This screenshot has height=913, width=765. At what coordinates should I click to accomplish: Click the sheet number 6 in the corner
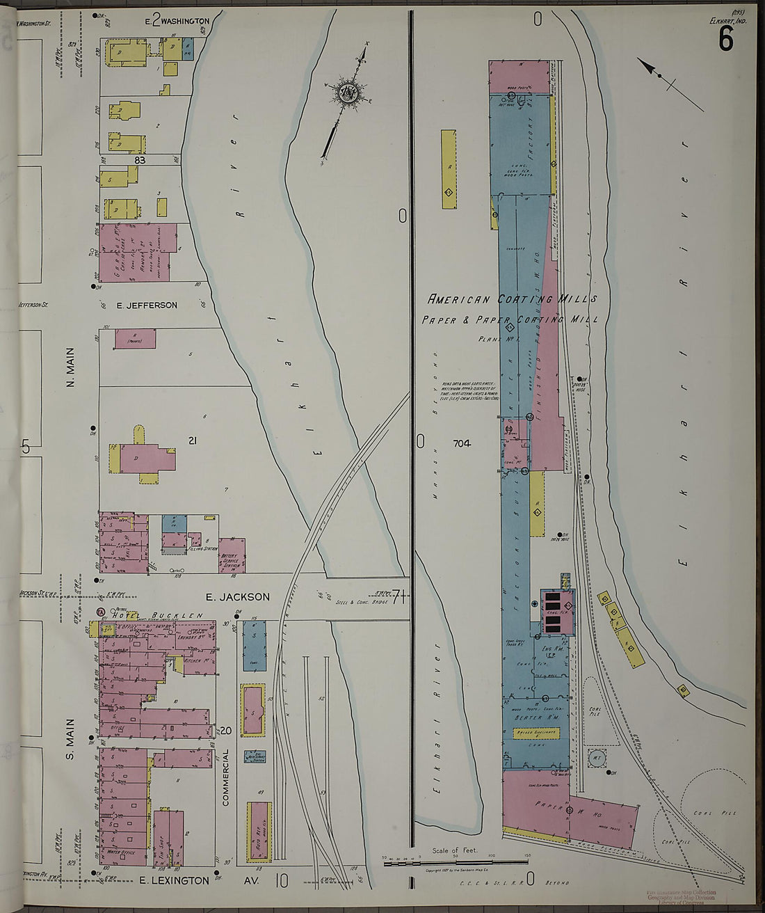(725, 40)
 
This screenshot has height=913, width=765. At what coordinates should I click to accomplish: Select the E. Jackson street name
(237, 596)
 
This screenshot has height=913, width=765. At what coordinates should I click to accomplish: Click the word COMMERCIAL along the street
(226, 777)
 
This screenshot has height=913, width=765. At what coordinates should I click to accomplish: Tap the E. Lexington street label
(175, 880)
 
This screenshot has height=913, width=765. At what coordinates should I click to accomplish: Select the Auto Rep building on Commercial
(259, 830)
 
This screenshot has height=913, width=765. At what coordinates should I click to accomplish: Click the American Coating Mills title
(512, 299)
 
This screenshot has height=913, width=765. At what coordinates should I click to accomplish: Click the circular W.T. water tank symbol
(597, 758)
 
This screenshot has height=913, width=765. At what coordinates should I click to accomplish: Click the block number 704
(462, 443)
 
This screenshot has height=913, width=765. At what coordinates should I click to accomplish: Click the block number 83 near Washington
(142, 160)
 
